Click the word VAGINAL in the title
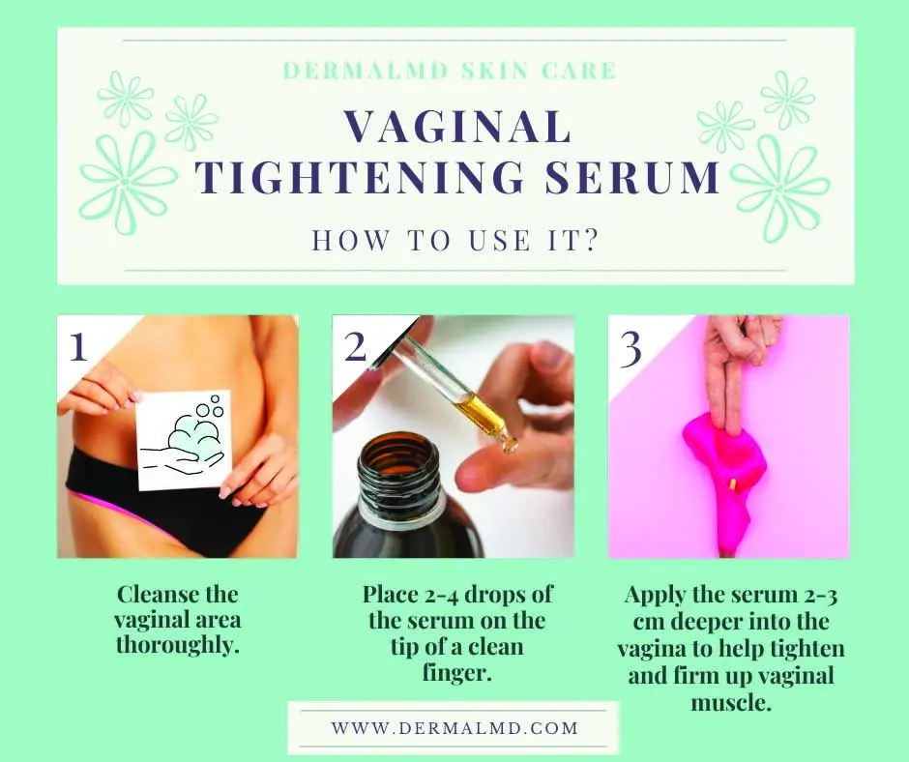coord(457,126)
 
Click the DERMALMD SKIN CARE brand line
coord(450,71)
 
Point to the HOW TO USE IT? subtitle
coord(455,240)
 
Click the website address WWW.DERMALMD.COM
coord(454,728)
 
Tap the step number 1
coord(77,346)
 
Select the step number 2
coord(355,346)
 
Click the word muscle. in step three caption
coord(731,703)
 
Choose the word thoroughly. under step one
coord(178,645)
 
